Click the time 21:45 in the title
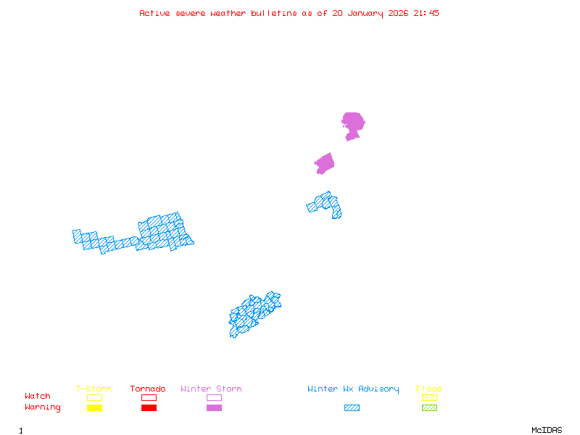426,13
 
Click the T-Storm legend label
94,389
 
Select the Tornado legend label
148,389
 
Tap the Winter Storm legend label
211,389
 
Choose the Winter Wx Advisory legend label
353,389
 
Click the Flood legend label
429,389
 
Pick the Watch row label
38,397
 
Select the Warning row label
43,407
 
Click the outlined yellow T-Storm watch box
94,397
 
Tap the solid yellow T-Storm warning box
94,408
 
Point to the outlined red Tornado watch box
149,397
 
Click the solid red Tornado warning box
149,408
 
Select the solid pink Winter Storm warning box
214,408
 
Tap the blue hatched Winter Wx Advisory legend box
352,408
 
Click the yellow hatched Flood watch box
429,397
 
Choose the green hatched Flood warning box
429,408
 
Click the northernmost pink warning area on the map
353,123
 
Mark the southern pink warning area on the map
324,164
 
